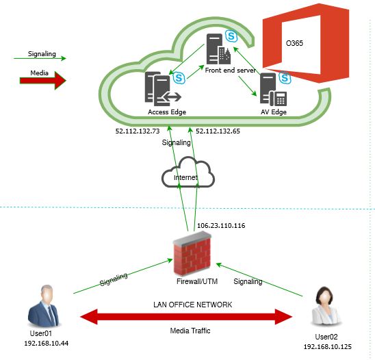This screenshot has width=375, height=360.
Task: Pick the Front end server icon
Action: coord(216,48)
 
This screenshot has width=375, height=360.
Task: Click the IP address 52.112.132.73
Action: coord(137,129)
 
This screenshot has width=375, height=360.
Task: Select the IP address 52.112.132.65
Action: coord(218,129)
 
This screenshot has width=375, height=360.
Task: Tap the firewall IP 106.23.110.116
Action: coord(220,225)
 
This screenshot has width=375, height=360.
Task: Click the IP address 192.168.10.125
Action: coord(326,347)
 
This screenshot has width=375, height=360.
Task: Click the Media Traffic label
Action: coord(191,331)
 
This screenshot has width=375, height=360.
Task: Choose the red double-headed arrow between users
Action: coord(186,316)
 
